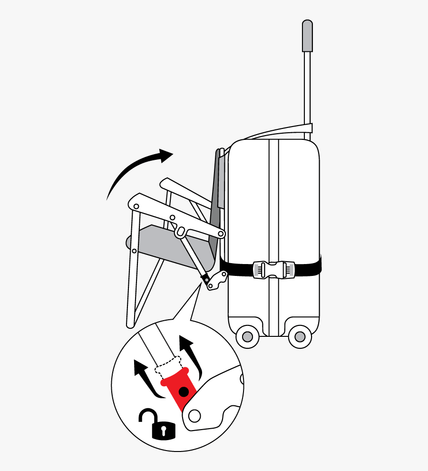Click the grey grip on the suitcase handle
point(308,36)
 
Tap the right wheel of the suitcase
point(300,337)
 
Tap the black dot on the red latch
point(183,392)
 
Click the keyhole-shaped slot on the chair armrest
point(181,232)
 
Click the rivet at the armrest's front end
point(136,206)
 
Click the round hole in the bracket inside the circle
point(194,415)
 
